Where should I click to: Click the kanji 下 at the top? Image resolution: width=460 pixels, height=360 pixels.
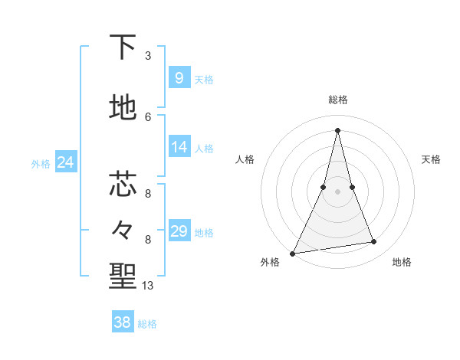click(123, 48)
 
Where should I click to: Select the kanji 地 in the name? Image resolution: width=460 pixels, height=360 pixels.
click(123, 109)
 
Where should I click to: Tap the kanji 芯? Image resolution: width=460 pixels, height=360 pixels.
click(123, 184)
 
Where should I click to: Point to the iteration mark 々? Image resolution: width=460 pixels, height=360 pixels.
click(123, 229)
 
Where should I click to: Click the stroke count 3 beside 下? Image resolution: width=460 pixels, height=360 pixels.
click(148, 56)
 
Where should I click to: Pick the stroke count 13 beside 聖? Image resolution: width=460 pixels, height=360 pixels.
click(148, 286)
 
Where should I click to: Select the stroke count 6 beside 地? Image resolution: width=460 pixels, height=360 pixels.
click(148, 116)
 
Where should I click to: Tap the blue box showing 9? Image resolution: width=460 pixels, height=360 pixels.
click(179, 77)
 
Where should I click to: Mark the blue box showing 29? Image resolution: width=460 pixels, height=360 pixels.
click(179, 231)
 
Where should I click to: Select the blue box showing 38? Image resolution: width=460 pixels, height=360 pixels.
click(123, 322)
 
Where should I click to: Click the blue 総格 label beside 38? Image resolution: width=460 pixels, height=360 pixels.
click(147, 324)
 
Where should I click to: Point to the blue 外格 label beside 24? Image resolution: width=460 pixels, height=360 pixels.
click(41, 163)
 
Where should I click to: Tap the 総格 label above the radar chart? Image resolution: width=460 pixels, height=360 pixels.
click(338, 100)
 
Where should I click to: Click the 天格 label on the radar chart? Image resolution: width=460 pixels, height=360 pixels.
click(431, 159)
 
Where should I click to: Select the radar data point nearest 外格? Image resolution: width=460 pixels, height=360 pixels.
click(292, 254)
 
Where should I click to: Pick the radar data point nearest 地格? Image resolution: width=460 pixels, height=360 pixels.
click(374, 242)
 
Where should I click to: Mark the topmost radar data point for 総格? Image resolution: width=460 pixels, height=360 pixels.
click(337, 130)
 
